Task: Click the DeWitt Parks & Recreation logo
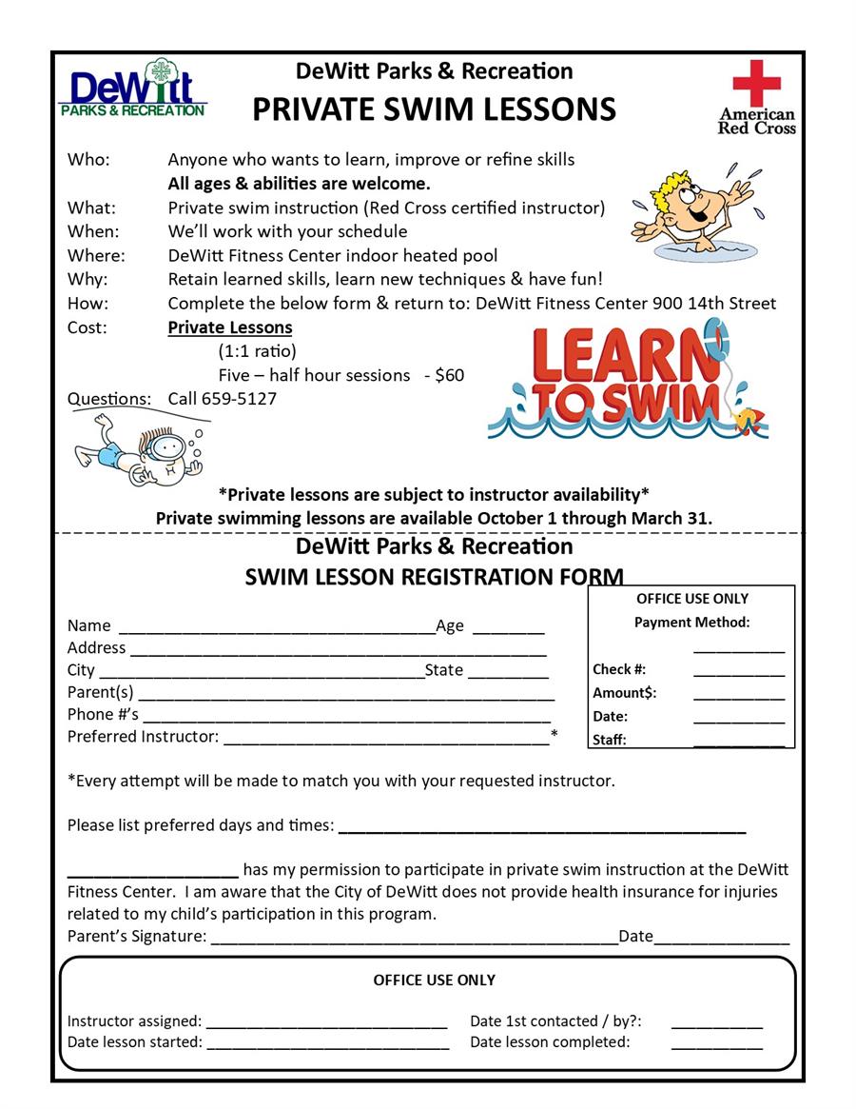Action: pyautogui.click(x=132, y=89)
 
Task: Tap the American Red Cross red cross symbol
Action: pyautogui.click(x=756, y=83)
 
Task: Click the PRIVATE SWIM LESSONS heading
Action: pyautogui.click(x=434, y=109)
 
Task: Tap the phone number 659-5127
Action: pyautogui.click(x=239, y=399)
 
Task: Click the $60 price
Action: pyautogui.click(x=449, y=375)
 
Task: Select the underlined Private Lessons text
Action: pyautogui.click(x=230, y=327)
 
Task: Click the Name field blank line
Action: pyautogui.click(x=276, y=630)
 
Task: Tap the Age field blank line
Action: pyautogui.click(x=508, y=630)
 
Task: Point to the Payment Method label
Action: pyautogui.click(x=691, y=623)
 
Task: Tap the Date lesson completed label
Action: pyautogui.click(x=550, y=1042)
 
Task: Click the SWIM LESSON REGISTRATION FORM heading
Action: pyautogui.click(x=434, y=577)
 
